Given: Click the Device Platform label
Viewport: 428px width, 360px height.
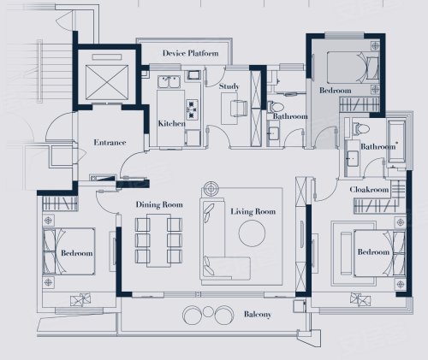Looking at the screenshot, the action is click(x=191, y=53).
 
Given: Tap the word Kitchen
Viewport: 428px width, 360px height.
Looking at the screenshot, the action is click(x=171, y=123).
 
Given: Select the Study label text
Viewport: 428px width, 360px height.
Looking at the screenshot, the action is click(x=229, y=86).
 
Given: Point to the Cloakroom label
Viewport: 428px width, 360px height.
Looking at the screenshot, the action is click(x=369, y=190).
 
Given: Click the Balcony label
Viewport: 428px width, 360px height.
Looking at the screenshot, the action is click(x=258, y=315).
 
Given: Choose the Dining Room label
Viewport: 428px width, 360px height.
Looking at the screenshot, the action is click(x=159, y=204).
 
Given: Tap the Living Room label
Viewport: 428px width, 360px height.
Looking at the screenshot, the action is click(x=253, y=211).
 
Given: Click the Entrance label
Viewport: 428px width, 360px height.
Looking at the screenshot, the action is click(x=110, y=142).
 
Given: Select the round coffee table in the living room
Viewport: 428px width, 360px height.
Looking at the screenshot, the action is click(x=252, y=233).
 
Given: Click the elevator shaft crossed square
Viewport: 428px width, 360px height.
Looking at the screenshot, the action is click(x=107, y=82).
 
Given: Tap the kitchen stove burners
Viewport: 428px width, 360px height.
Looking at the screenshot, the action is click(x=192, y=109).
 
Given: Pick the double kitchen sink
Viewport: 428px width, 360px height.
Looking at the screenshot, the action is click(x=169, y=82).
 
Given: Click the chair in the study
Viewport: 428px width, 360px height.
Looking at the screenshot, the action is click(x=239, y=109).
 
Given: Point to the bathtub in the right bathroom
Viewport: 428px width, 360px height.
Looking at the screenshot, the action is click(x=396, y=142).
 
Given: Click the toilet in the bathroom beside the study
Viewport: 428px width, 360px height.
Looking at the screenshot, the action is click(x=276, y=107).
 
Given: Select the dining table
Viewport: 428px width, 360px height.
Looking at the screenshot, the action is click(x=159, y=240).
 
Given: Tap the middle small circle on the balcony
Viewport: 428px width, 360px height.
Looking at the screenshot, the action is click(x=209, y=311).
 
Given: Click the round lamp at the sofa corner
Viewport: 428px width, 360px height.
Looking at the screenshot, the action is click(x=211, y=189).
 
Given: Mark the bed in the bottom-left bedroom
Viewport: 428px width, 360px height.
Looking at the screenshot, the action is click(x=68, y=251).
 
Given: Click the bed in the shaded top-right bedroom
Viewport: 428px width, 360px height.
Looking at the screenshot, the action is click(x=354, y=68).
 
